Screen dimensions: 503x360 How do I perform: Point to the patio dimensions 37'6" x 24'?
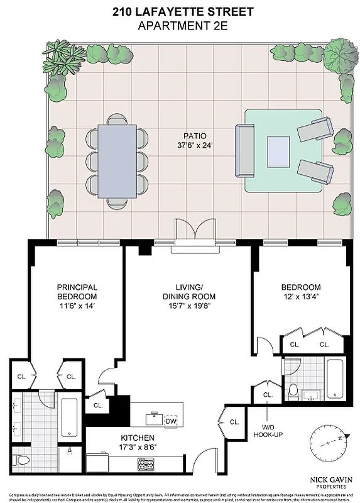(x=194, y=146)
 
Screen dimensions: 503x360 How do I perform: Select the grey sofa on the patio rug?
(x=243, y=152)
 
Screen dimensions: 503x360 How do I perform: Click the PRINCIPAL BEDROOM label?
(x=77, y=292)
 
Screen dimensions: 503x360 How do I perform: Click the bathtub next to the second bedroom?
(x=334, y=379)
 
